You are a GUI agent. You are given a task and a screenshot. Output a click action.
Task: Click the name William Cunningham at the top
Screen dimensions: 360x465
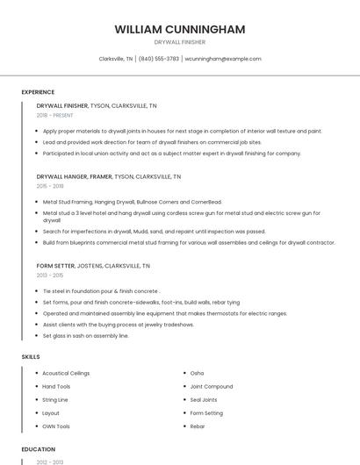[x=179, y=29]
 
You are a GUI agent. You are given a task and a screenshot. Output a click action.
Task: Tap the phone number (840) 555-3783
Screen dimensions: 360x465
[x=160, y=59]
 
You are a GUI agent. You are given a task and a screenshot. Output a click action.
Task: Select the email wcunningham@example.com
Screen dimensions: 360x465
[x=223, y=59]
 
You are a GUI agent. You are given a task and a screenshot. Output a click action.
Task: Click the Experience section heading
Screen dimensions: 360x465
[x=38, y=92]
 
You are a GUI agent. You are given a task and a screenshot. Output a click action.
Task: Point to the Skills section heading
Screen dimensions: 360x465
[x=31, y=357]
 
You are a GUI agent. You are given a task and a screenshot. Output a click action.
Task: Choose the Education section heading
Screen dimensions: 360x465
[x=38, y=449]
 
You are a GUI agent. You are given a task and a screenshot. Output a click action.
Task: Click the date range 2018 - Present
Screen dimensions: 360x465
[x=55, y=115]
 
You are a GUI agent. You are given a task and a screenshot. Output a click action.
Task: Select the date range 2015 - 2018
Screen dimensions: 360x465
[x=50, y=186]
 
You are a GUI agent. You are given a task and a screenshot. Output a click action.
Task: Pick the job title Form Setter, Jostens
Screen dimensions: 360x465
[x=93, y=265]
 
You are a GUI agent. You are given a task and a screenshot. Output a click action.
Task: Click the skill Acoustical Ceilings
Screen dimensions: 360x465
[x=66, y=373]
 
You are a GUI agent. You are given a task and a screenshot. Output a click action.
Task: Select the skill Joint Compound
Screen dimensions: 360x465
[x=212, y=386]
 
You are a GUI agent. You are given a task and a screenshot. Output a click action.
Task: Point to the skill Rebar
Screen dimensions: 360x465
[x=198, y=426]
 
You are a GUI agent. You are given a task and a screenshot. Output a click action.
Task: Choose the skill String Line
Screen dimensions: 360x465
[x=55, y=399]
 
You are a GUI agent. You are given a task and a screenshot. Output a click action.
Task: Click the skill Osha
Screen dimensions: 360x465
[x=197, y=373]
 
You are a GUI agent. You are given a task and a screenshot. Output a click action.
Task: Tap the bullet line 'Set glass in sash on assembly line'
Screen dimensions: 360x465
[x=86, y=335]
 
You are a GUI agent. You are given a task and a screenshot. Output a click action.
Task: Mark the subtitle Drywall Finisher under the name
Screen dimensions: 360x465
[x=179, y=42]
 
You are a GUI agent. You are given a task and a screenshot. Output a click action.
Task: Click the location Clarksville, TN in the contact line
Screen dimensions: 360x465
[x=116, y=59]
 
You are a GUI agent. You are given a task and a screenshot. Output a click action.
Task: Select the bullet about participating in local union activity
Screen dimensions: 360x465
[x=171, y=153]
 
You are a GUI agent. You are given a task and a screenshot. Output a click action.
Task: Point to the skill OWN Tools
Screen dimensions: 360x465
[x=56, y=426]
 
